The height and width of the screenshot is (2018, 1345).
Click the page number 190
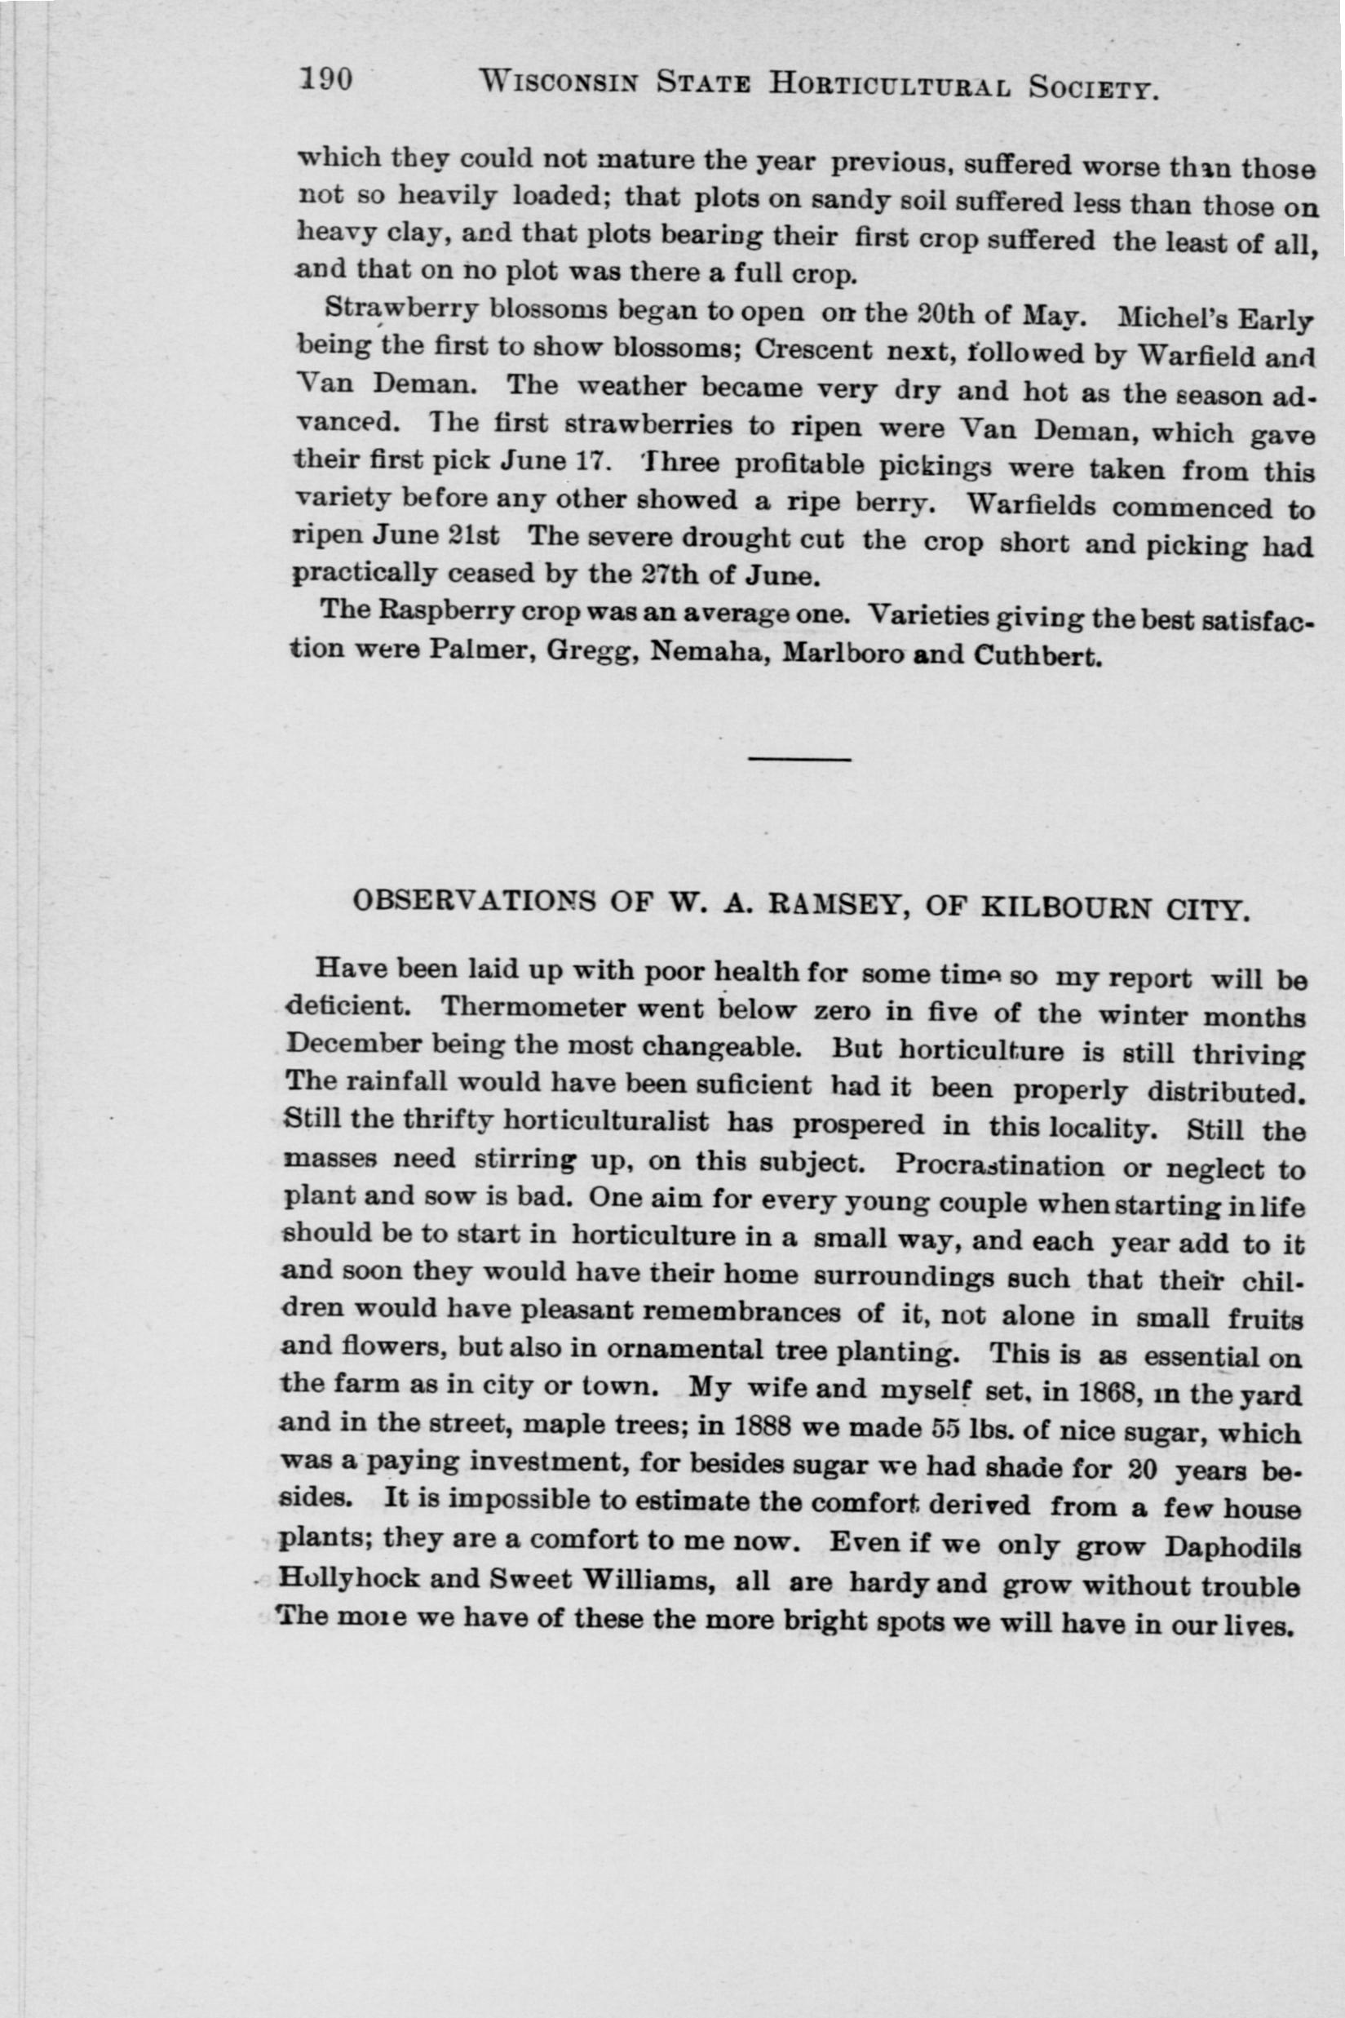coord(326,80)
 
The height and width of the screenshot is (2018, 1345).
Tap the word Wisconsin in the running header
coord(558,82)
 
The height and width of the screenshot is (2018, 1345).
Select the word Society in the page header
coord(1095,86)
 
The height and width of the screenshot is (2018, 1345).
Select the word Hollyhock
coord(350,1579)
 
